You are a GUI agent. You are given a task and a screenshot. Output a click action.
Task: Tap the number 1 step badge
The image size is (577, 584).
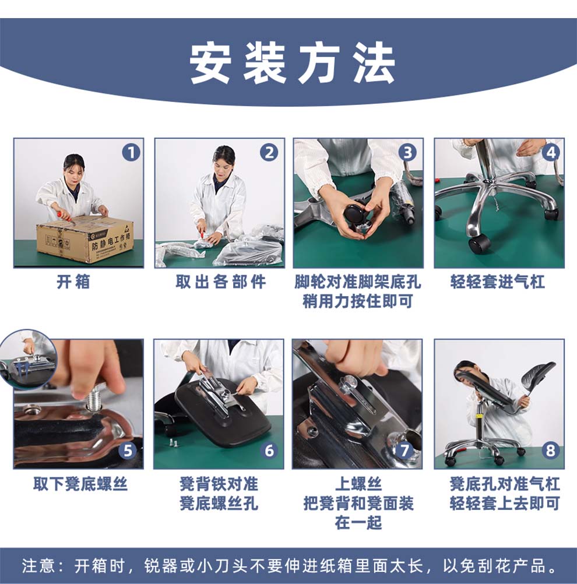(x=131, y=153)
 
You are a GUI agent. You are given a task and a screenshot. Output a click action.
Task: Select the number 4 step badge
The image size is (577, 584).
(x=551, y=153)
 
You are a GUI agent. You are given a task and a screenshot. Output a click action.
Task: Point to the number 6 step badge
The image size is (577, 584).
(x=269, y=451)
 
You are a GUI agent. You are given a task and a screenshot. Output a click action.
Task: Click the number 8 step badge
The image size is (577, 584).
(x=550, y=451)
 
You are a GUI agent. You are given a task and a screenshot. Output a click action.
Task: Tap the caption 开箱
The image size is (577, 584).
(x=73, y=282)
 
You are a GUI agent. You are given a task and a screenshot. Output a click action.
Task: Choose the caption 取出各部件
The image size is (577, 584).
(x=220, y=282)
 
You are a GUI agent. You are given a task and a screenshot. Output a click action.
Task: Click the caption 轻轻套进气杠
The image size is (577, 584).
(x=498, y=282)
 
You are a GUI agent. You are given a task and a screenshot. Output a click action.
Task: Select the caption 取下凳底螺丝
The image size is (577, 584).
(x=80, y=484)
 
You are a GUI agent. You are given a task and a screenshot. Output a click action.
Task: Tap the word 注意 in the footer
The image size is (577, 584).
(x=38, y=566)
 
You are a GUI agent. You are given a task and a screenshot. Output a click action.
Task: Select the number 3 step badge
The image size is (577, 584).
(x=407, y=153)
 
